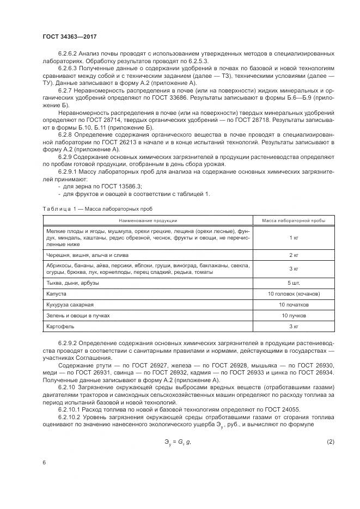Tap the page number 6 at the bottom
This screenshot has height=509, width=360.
(x=44, y=462)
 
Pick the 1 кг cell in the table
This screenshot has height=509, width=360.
(x=294, y=238)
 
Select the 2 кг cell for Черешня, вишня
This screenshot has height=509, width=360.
(x=294, y=255)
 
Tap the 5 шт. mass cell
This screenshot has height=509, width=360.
(x=294, y=283)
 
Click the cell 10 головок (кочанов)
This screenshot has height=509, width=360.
(x=294, y=294)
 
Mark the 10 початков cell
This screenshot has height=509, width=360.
(x=294, y=305)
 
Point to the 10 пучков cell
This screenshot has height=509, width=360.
(x=294, y=316)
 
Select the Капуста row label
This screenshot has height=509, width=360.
(x=57, y=294)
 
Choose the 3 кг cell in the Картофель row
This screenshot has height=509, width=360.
(x=294, y=327)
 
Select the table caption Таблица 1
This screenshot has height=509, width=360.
(x=56, y=208)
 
